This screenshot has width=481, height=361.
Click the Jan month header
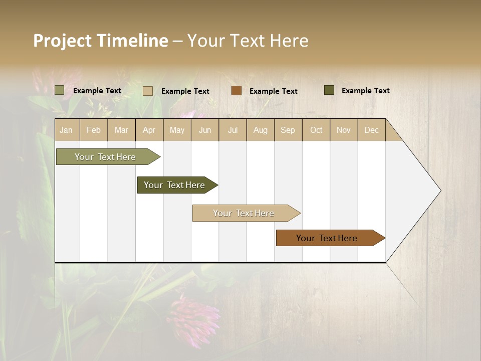click(x=66, y=130)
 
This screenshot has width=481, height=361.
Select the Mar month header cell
click(x=121, y=130)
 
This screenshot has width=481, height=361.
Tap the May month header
click(x=177, y=130)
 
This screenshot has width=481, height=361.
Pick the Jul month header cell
click(x=232, y=130)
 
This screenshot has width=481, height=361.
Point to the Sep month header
click(x=288, y=130)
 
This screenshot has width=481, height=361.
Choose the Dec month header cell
click(x=371, y=130)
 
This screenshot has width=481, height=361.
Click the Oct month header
click(x=316, y=130)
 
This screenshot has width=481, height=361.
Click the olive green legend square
click(x=60, y=90)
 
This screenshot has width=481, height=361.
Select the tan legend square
click(x=148, y=91)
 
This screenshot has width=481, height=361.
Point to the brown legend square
click(x=236, y=91)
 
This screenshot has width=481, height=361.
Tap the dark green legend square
click(x=329, y=90)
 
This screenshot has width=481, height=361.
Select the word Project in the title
click(x=62, y=41)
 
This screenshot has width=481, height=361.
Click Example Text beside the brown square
click(x=273, y=91)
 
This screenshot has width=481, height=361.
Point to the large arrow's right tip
click(x=440, y=191)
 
